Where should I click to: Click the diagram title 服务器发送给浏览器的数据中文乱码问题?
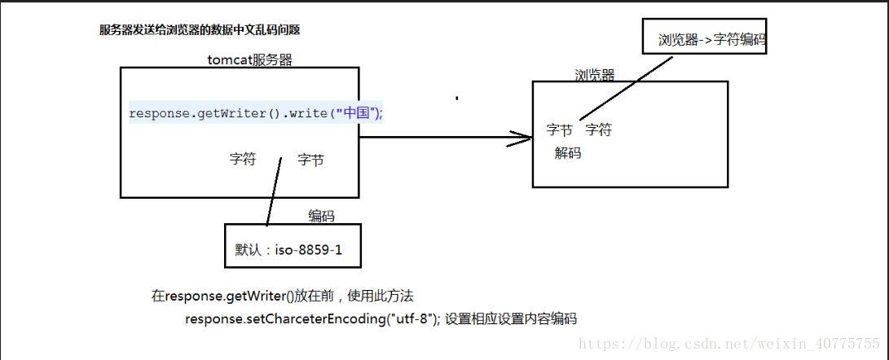click(x=200, y=30)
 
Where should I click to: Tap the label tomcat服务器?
click(x=249, y=59)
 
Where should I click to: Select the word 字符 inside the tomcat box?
click(x=243, y=160)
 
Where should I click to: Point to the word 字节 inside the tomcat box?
click(x=310, y=160)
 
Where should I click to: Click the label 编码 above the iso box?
click(x=321, y=216)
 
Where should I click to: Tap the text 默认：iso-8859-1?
click(x=288, y=250)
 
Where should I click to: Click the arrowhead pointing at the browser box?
click(x=522, y=138)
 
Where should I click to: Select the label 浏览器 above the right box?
click(x=594, y=75)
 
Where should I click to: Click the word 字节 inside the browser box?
click(x=560, y=130)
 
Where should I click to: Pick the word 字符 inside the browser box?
click(x=598, y=130)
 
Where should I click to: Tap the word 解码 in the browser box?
click(x=568, y=152)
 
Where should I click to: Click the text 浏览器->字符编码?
click(x=711, y=39)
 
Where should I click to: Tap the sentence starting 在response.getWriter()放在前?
click(x=288, y=296)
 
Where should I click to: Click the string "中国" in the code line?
click(x=356, y=113)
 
